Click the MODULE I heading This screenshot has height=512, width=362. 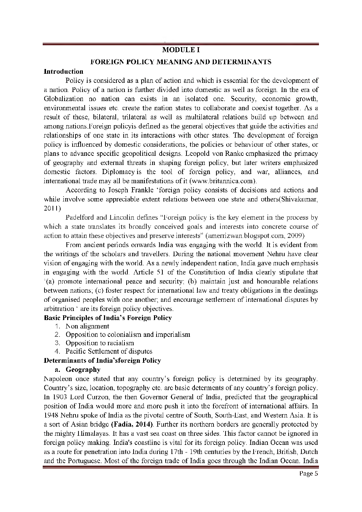[x=181, y=50]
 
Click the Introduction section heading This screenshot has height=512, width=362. [x=63, y=72]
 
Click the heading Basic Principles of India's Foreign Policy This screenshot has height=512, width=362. [x=108, y=318]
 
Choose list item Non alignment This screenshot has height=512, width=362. [x=87, y=326]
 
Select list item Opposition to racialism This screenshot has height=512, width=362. [x=100, y=343]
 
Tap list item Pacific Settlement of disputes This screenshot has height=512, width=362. [x=109, y=351]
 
